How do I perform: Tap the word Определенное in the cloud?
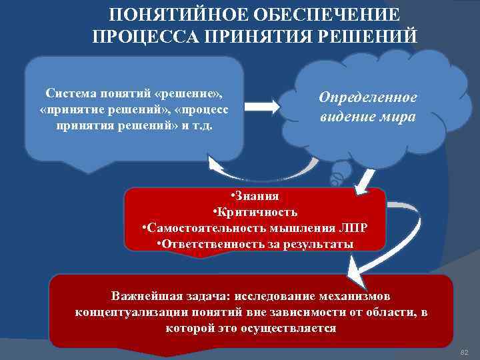point(368,98)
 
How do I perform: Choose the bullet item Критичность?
point(255,213)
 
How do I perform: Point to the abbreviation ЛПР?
point(353,229)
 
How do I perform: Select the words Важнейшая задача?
point(159,295)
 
